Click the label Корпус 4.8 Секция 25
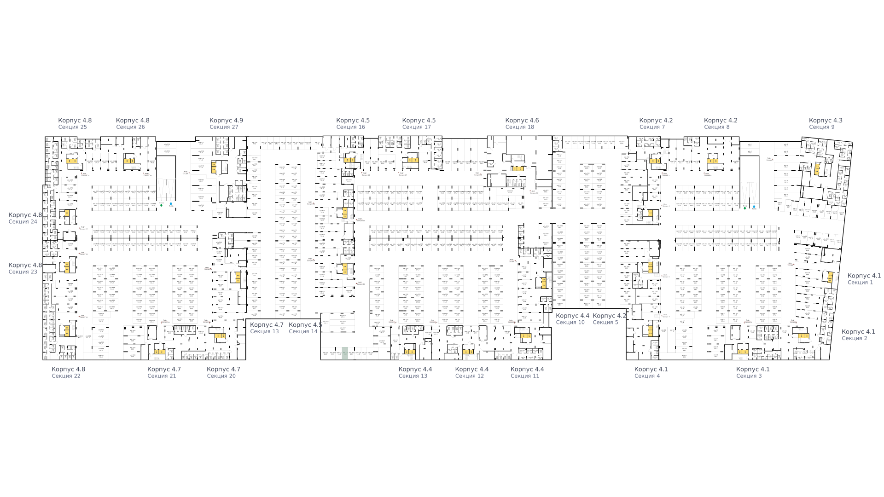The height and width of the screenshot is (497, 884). tap(75, 124)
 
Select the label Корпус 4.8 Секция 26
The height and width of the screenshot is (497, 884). tap(133, 124)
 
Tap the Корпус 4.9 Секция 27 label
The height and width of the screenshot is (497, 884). tap(226, 124)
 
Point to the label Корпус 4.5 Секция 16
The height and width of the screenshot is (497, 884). tap(353, 124)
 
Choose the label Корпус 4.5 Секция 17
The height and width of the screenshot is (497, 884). tap(419, 124)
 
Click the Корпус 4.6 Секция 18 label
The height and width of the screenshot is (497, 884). tap(522, 124)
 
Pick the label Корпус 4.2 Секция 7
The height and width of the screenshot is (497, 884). tap(656, 124)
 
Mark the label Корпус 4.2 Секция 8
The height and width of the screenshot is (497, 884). tap(721, 124)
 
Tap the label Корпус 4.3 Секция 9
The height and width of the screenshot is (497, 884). tap(826, 124)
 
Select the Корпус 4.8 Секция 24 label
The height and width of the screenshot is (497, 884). tap(25, 218)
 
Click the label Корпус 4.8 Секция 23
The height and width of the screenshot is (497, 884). tap(25, 268)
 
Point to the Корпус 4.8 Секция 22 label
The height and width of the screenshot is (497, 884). tap(68, 372)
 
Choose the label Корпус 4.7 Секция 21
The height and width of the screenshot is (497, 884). tap(164, 372)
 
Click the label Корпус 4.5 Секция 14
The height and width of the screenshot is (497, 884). tap(305, 328)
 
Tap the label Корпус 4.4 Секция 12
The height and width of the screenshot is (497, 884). tap(471, 372)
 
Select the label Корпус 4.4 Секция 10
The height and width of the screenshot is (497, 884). tap(572, 319)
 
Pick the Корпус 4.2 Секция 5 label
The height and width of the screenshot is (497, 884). tap(609, 319)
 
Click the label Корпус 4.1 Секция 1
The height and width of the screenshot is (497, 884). tap(864, 279)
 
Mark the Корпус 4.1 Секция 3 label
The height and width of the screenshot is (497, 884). tap(753, 372)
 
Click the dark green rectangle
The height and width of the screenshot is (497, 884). tap(345, 353)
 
